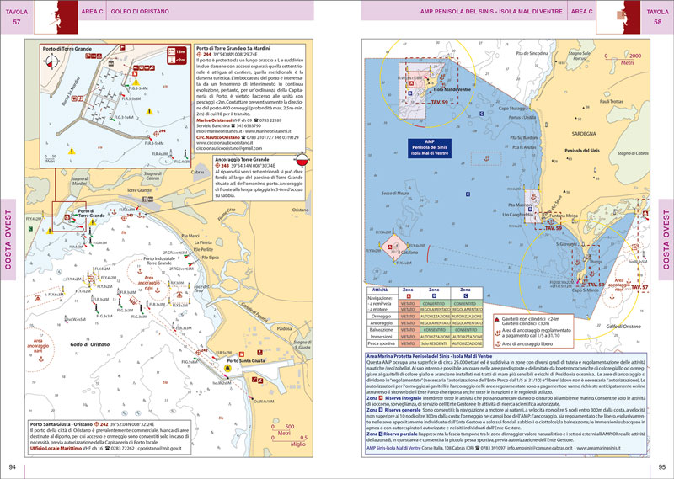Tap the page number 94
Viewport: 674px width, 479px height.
point(12,467)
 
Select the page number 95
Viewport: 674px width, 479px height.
point(661,467)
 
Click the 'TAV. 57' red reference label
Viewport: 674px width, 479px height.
point(639,288)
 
